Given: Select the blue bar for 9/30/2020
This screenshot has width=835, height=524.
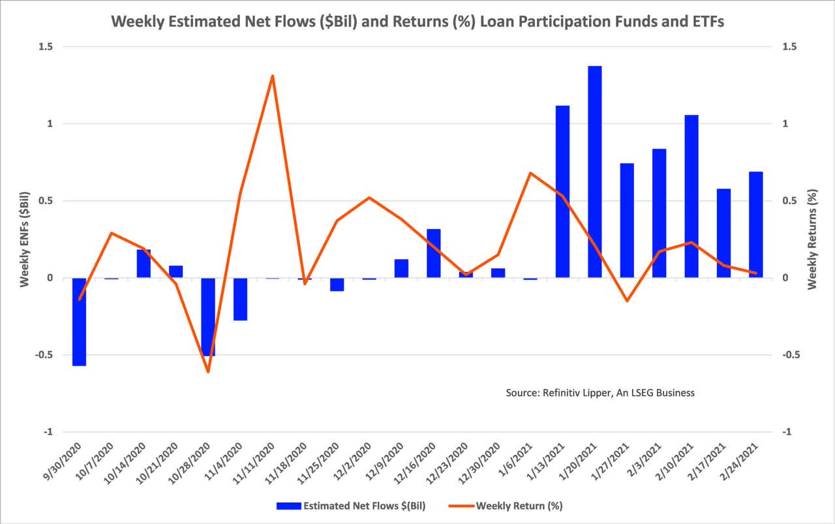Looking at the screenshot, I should tap(80, 322).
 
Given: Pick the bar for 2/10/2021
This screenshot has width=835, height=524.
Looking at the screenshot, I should tap(691, 196).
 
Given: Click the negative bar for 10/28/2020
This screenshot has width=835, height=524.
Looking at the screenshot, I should tap(208, 316).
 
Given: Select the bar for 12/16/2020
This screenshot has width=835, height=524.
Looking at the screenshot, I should tap(434, 253).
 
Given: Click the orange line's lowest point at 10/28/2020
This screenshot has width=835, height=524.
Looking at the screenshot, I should tap(208, 372).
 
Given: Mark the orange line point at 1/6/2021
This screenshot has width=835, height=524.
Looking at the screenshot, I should tap(530, 173).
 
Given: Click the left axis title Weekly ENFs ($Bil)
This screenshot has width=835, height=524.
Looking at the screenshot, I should tap(24, 239).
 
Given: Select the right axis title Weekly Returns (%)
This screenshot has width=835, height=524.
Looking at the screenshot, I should tap(812, 239).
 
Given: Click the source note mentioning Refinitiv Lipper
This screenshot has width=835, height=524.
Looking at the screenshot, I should tap(600, 393).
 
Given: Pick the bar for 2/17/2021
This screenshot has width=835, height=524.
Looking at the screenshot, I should tap(723, 233).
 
